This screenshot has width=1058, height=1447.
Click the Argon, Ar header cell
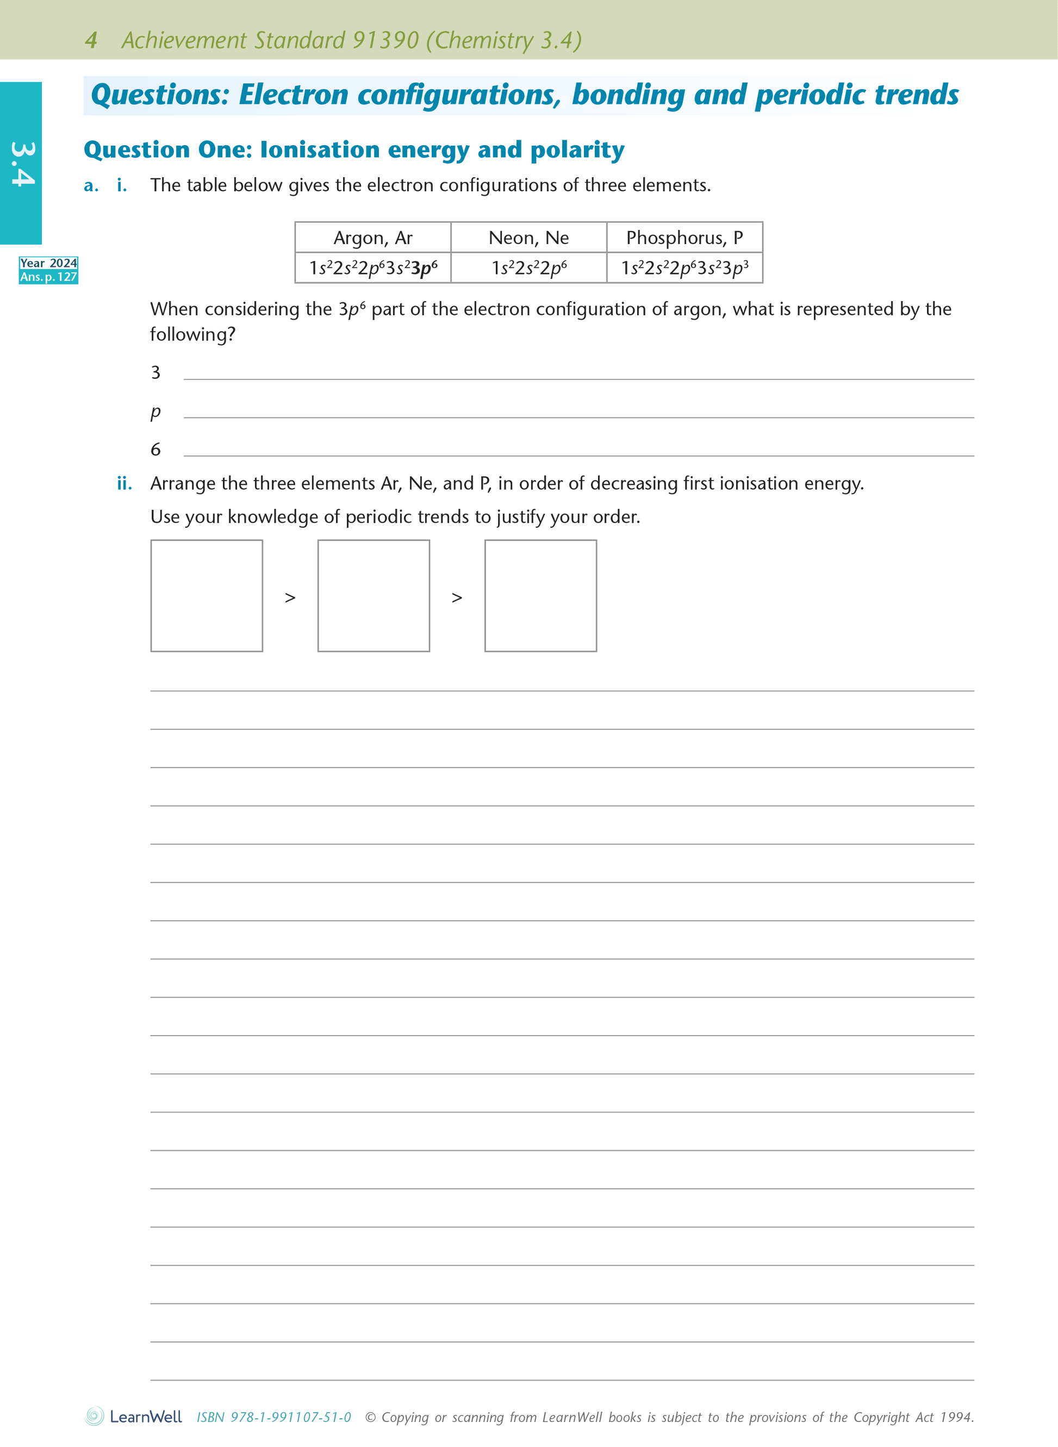(x=373, y=238)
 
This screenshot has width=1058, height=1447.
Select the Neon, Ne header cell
(x=528, y=238)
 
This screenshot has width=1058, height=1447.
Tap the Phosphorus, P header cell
(x=684, y=238)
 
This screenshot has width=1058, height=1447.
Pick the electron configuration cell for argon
(x=373, y=267)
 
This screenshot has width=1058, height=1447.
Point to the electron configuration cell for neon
(x=528, y=267)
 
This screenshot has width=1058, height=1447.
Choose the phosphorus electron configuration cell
(x=684, y=267)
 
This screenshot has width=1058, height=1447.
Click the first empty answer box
(x=206, y=595)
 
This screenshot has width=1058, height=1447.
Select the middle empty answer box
(x=374, y=595)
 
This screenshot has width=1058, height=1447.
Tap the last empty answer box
(x=540, y=595)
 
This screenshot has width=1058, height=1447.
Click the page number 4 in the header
(x=91, y=40)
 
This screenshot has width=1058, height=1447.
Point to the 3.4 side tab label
(x=22, y=164)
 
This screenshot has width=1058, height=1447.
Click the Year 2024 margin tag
(x=49, y=263)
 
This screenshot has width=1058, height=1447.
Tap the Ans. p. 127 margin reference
(x=49, y=277)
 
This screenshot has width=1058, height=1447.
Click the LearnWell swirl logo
(x=95, y=1415)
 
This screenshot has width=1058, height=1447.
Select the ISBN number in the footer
(x=273, y=1417)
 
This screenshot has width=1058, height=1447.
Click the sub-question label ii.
(x=125, y=483)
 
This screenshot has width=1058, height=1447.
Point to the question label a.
(x=91, y=186)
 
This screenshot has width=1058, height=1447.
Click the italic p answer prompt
(x=155, y=411)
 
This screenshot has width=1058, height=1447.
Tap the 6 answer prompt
(x=155, y=450)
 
